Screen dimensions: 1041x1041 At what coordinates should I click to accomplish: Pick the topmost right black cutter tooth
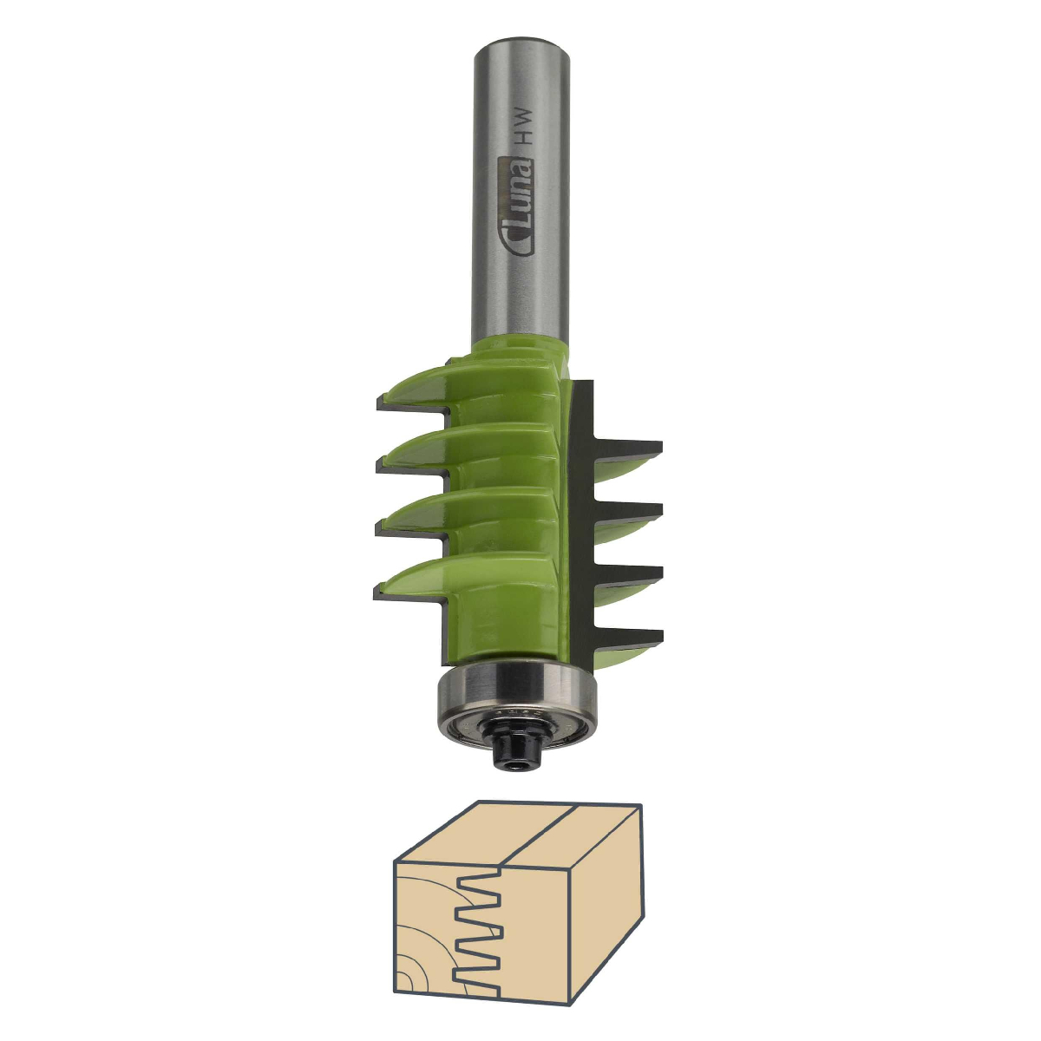[x=628, y=448]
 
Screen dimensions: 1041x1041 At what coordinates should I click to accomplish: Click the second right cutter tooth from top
[x=628, y=510]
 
